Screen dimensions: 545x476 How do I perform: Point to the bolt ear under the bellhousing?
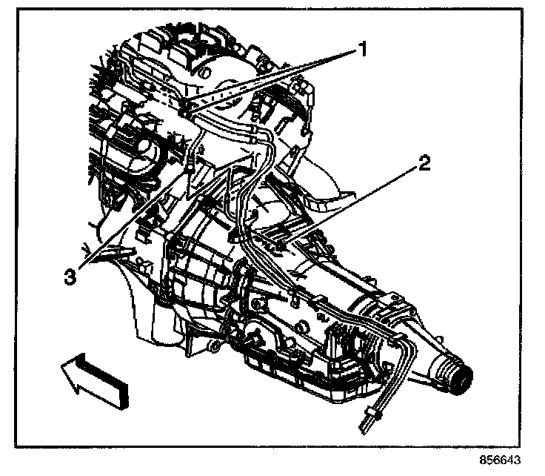214,348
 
